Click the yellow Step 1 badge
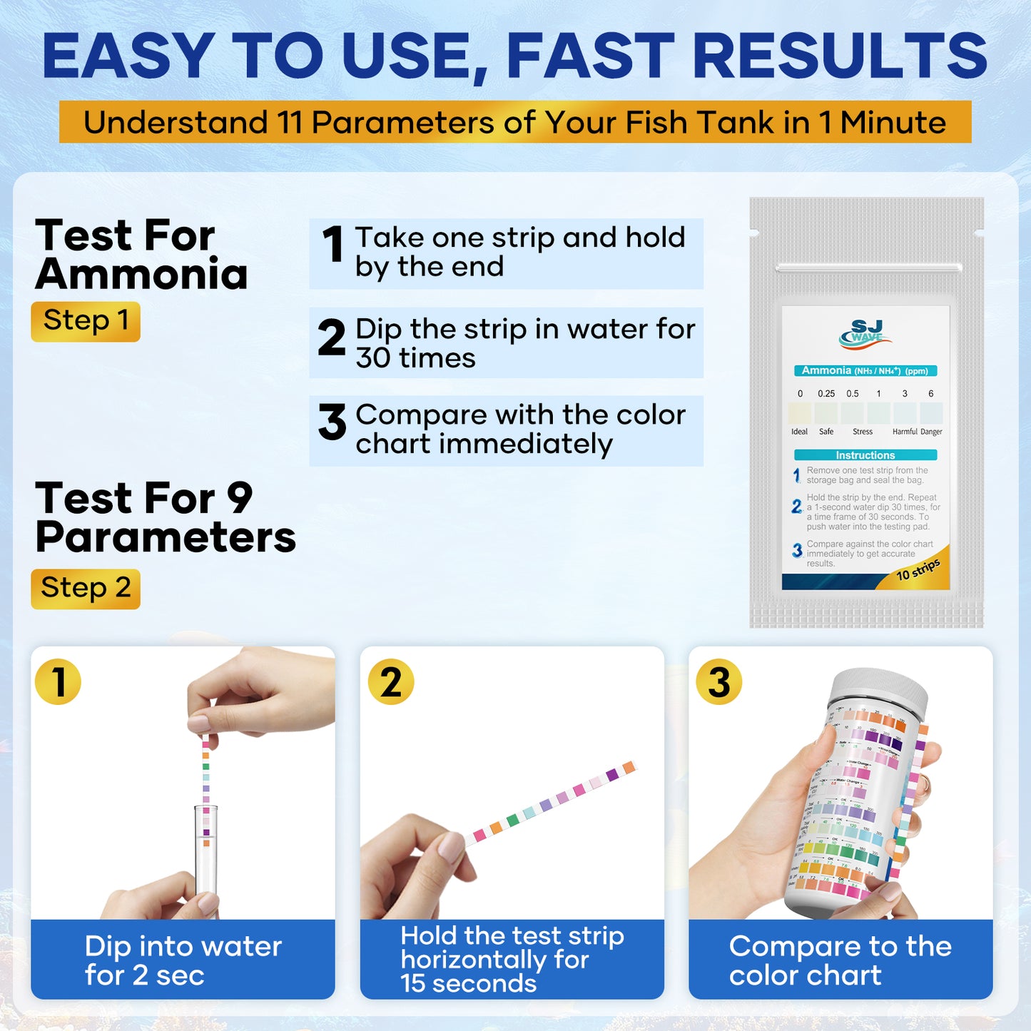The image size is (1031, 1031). (86, 322)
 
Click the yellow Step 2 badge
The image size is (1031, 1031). (86, 589)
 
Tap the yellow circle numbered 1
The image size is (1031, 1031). (58, 681)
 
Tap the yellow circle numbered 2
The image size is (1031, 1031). (391, 681)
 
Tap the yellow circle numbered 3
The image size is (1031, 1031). (718, 681)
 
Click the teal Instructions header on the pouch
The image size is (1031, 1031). (865, 455)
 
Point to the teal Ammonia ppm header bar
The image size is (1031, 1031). (865, 371)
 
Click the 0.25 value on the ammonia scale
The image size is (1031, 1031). (826, 394)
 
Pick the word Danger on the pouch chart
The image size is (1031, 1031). (931, 432)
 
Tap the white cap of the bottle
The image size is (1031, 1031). (881, 688)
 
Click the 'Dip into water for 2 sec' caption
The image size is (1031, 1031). (183, 960)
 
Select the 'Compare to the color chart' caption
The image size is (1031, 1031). (840, 960)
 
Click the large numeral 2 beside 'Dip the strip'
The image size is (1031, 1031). (332, 337)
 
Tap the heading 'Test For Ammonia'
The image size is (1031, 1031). (141, 255)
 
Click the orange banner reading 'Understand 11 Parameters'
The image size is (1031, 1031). (514, 122)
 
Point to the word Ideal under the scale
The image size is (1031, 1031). (799, 432)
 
